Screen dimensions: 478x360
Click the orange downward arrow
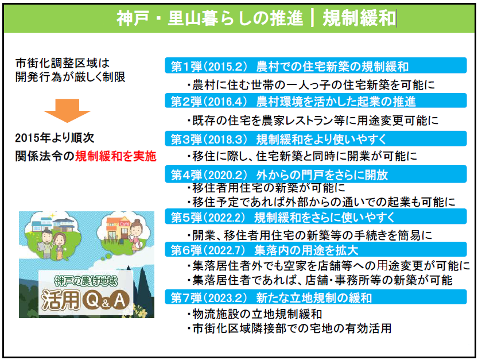click(67, 110)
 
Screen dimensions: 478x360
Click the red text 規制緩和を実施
click(116, 156)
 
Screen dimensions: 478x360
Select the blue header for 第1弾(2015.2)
click(316, 65)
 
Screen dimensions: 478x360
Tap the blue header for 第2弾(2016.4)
click(316, 100)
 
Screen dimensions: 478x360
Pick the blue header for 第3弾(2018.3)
click(316, 138)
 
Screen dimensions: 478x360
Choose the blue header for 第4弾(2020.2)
click(316, 174)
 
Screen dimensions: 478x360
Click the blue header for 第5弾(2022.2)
click(316, 216)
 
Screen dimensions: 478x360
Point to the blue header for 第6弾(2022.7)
click(316, 249)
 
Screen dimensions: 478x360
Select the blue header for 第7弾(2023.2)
click(316, 297)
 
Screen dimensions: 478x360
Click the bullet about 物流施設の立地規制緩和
click(255, 314)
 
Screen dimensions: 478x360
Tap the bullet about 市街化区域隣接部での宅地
click(289, 328)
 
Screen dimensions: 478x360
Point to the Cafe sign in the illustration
click(125, 224)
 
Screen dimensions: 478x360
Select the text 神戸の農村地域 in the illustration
click(86, 281)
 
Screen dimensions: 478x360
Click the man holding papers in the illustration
click(46, 244)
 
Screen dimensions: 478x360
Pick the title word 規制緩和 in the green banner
click(359, 18)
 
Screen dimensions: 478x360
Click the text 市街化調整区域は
click(63, 63)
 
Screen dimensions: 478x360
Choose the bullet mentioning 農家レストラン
click(313, 121)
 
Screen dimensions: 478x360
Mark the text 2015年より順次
click(55, 138)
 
